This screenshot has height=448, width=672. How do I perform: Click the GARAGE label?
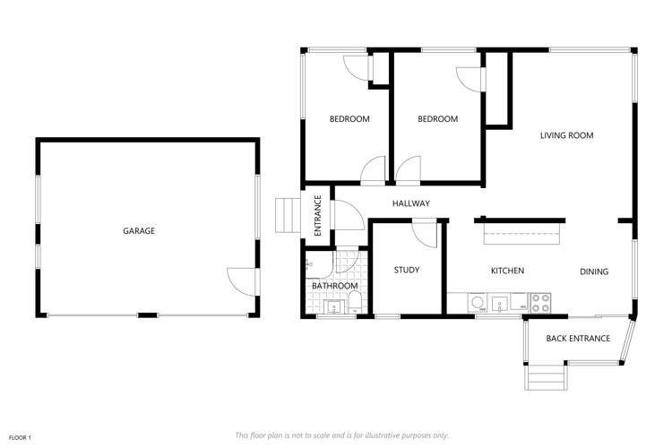[x=139, y=231]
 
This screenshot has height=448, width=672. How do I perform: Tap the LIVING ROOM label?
[x=566, y=136]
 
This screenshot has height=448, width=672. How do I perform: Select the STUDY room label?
[x=407, y=271]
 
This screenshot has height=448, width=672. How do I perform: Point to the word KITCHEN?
[x=507, y=271]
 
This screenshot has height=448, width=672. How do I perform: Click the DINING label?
[x=594, y=272]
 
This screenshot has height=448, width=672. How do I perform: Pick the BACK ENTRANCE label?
[x=578, y=339]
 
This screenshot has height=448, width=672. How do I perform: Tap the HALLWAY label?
[x=411, y=204]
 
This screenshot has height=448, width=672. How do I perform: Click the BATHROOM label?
[x=334, y=286]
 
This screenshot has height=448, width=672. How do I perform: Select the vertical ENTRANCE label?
[x=318, y=217]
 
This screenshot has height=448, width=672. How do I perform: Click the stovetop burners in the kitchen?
[x=540, y=303]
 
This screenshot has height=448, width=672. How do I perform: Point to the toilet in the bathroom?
[x=354, y=299]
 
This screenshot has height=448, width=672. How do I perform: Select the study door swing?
[x=424, y=230]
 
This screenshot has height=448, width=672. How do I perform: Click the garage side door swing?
[x=241, y=280]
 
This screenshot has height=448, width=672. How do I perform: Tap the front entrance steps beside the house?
[x=287, y=215]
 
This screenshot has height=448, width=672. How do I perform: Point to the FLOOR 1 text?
[x=20, y=436]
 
